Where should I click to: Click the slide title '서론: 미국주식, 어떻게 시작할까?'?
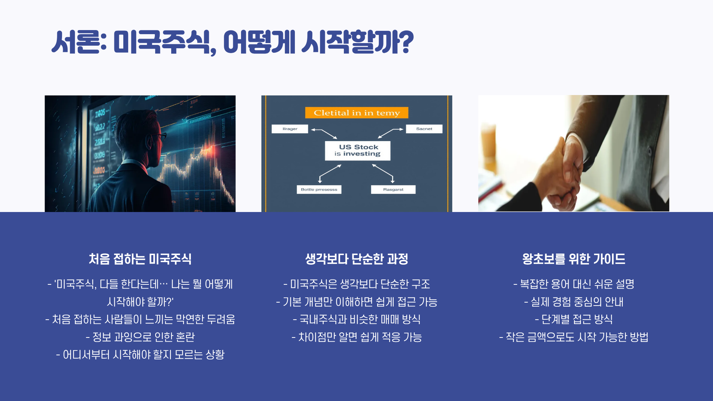pos(232,42)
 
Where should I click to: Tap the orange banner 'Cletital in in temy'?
pos(356,113)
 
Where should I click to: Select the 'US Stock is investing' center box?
pos(357,150)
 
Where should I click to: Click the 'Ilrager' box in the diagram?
pos(290,129)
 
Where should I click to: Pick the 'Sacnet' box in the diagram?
pos(424,129)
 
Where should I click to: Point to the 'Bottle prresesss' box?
pos(319,189)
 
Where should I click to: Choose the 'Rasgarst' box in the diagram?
pos(393,189)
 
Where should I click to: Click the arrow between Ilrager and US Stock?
pos(324,133)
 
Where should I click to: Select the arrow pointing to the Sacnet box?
pos(391,133)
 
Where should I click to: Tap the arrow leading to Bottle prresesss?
pos(329,172)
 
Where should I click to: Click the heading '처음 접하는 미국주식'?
pos(140,259)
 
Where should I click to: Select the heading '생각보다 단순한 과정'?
pos(356,259)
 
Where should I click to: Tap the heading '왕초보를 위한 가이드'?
pos(573,259)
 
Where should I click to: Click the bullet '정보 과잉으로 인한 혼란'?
pos(140,337)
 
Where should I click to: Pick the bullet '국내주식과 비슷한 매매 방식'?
pos(356,319)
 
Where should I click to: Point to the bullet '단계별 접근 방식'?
pos(573,319)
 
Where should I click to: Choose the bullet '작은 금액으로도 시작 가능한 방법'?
pos(573,337)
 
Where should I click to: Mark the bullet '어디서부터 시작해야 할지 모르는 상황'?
pos(140,355)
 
